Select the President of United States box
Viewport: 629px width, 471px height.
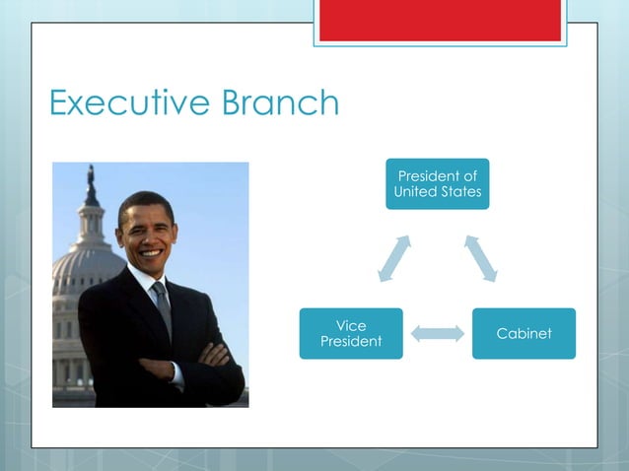437,183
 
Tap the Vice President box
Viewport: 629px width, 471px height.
351,333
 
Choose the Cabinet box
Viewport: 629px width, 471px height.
524,333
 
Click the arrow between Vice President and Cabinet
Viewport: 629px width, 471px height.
437,334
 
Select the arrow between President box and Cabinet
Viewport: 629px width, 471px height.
482,258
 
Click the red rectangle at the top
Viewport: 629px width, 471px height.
440,20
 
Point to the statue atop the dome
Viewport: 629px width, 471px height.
91,182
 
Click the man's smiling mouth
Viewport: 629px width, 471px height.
149,252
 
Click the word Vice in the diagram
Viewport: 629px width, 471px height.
351,325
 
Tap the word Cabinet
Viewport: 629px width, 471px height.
524,334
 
